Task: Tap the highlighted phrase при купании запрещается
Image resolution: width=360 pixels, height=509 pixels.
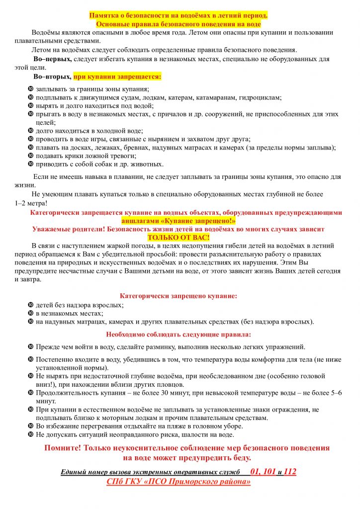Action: pos(117,77)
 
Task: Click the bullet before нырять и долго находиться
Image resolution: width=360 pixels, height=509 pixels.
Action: pos(31,106)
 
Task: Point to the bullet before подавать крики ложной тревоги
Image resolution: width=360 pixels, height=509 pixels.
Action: pos(31,156)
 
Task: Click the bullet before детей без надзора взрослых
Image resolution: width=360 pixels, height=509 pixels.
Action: pos(31,305)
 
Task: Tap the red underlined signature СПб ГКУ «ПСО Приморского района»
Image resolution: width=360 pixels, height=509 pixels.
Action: pos(179,481)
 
